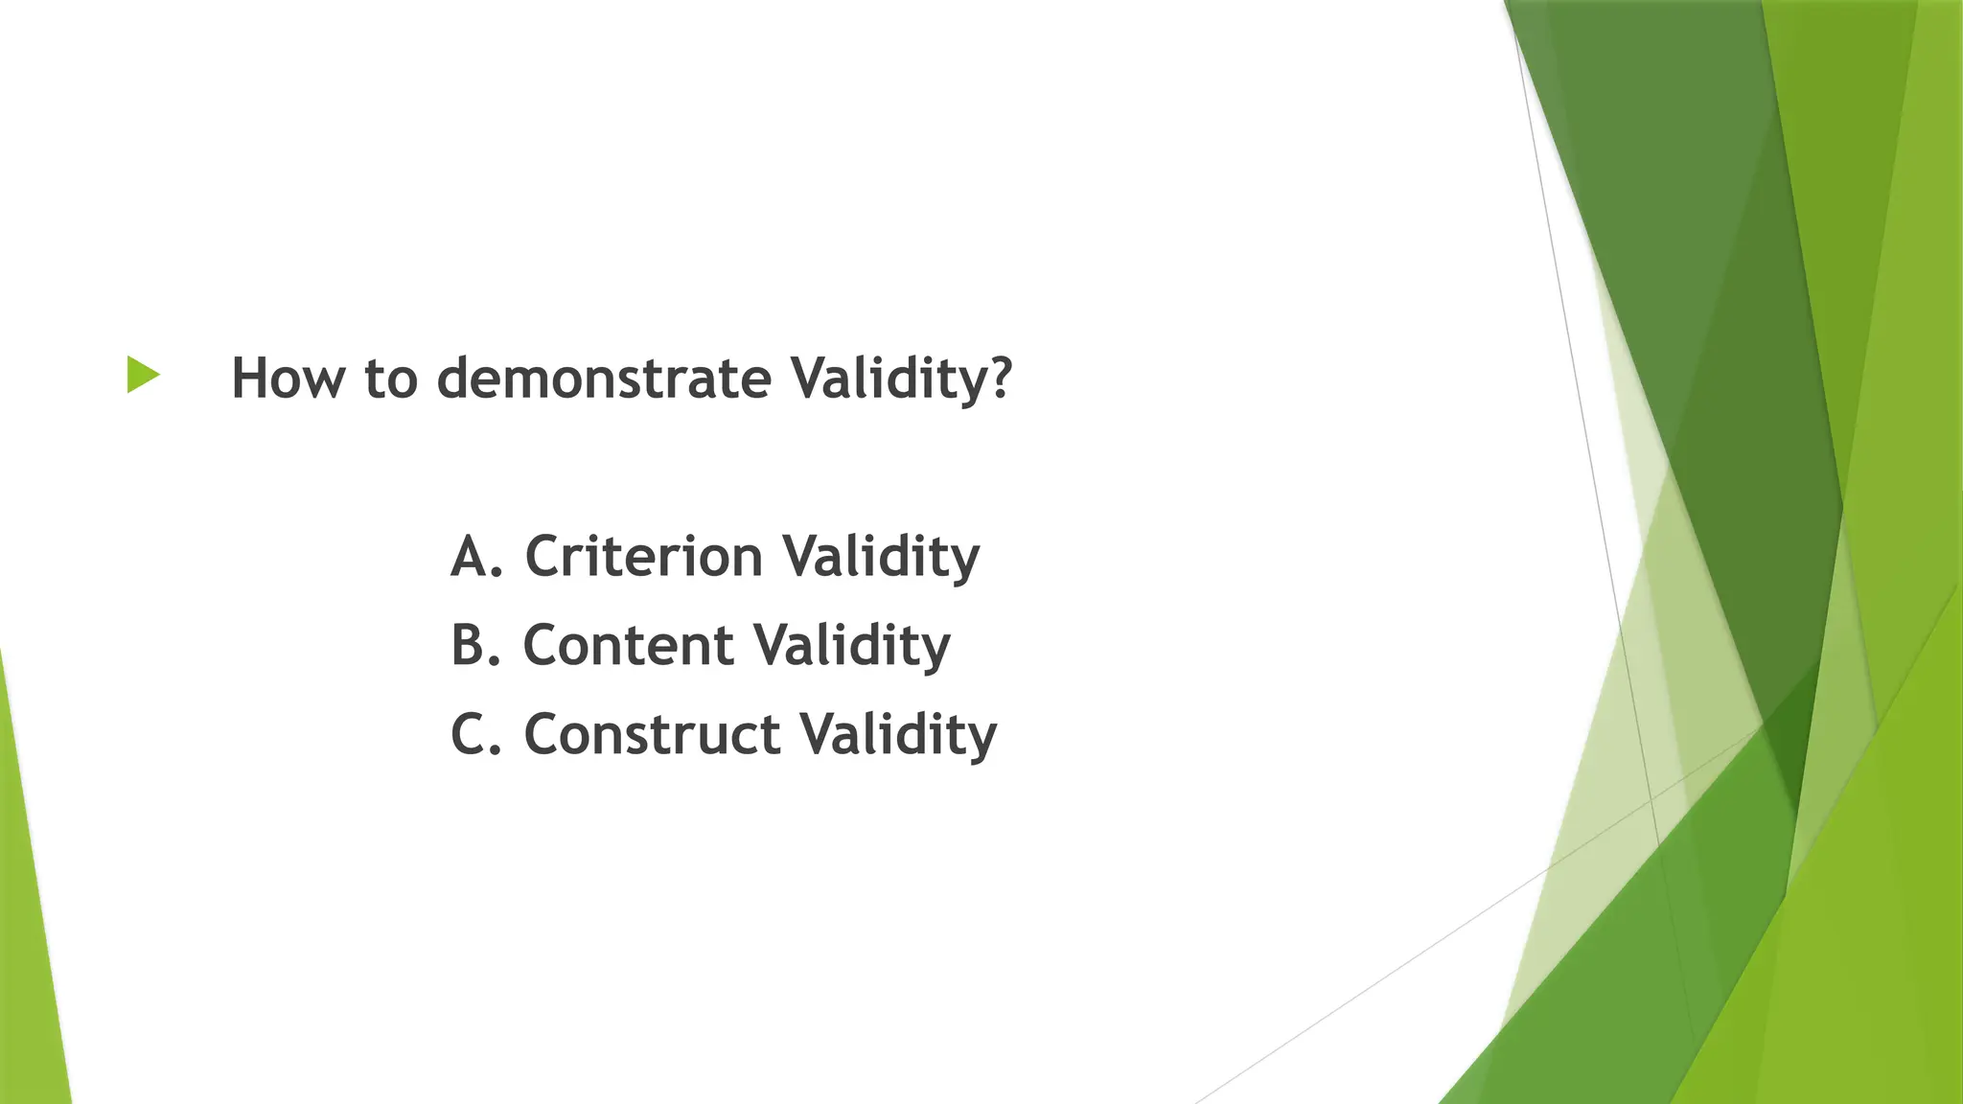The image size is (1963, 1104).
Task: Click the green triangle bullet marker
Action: tap(142, 375)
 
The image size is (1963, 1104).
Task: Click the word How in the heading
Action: tap(287, 378)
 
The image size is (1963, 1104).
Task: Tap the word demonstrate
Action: tap(604, 378)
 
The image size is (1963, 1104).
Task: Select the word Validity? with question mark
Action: tap(901, 378)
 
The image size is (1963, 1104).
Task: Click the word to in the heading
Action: tap(391, 378)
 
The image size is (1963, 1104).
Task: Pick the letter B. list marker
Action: tap(475, 644)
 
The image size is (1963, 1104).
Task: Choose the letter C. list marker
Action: tap(475, 734)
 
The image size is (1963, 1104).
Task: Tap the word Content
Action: tap(628, 644)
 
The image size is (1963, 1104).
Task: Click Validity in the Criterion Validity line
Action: tap(881, 556)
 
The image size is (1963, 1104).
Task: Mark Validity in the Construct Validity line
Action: tap(898, 734)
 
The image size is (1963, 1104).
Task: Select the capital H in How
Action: tap(251, 378)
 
